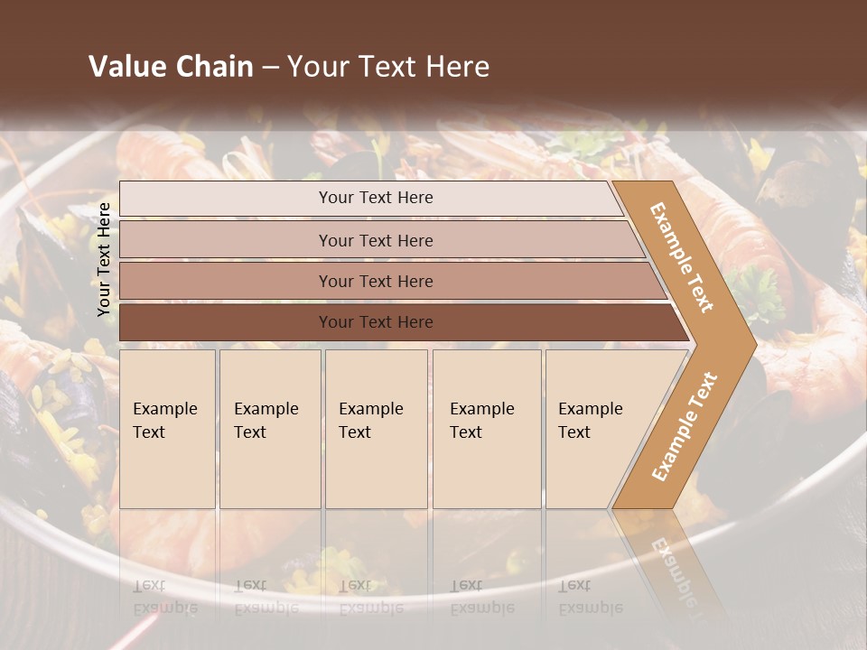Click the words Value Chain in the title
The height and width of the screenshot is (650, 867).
(x=171, y=67)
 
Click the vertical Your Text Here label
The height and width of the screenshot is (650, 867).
(x=104, y=259)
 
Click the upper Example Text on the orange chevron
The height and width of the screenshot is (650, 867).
(x=682, y=257)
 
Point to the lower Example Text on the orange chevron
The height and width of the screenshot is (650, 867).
(x=685, y=426)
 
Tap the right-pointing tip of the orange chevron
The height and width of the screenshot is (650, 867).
(x=750, y=343)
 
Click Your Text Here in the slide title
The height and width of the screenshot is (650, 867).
(x=388, y=67)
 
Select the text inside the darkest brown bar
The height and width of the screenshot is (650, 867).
(x=376, y=322)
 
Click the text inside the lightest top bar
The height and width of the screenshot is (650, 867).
(x=376, y=198)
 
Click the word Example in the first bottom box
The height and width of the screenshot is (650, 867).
(x=164, y=409)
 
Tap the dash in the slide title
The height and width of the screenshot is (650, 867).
(x=270, y=68)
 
